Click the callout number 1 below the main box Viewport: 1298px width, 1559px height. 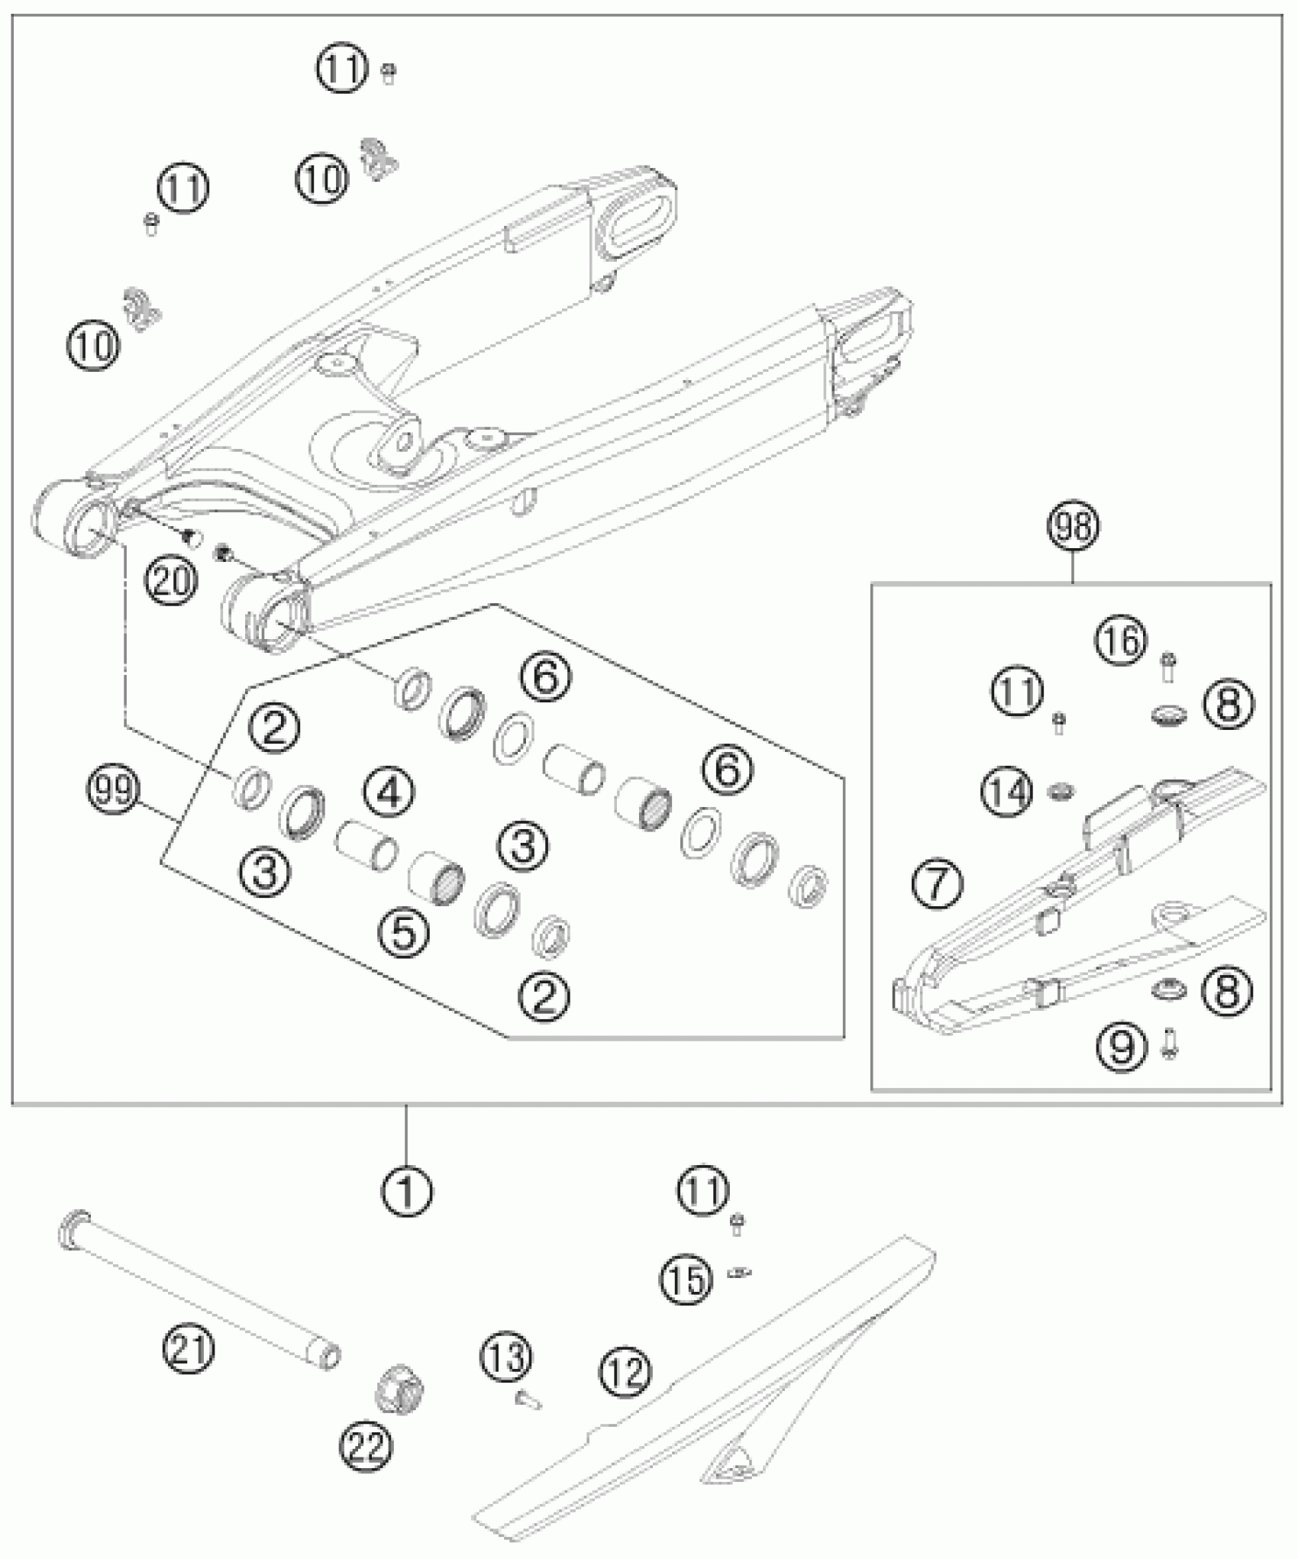[x=406, y=1189]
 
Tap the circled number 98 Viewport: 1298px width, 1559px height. [x=1073, y=527]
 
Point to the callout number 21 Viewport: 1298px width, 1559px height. [x=189, y=1349]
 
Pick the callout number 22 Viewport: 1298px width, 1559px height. [x=366, y=1445]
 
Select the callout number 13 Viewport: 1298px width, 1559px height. [x=506, y=1357]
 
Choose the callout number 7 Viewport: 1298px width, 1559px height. [x=938, y=884]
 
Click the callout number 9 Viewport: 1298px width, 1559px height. [x=1122, y=1047]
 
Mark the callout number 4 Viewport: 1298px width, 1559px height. [x=389, y=792]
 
